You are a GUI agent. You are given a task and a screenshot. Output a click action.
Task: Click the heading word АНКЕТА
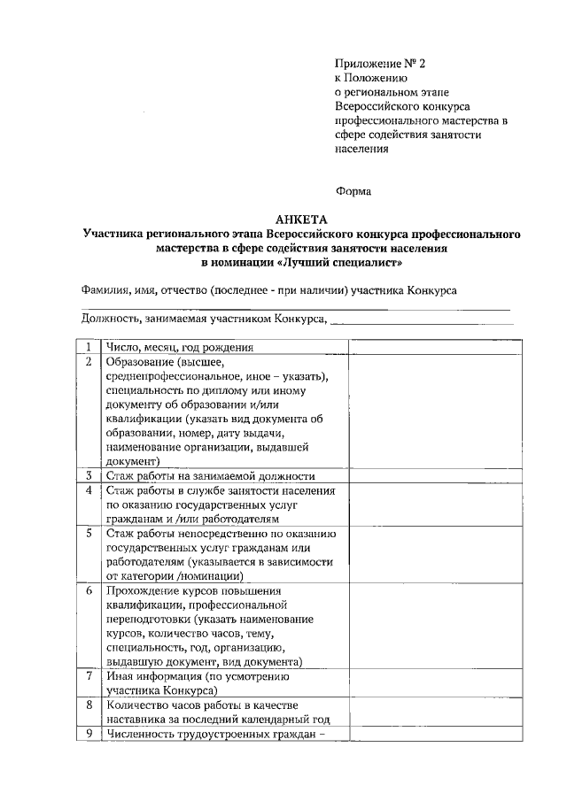click(x=301, y=220)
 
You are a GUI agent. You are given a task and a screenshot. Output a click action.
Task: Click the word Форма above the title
click(x=353, y=190)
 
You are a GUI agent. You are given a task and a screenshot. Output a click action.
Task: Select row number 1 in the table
click(x=89, y=347)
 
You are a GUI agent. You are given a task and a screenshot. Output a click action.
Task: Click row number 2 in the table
click(x=89, y=362)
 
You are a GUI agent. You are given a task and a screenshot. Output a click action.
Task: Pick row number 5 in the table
click(x=89, y=534)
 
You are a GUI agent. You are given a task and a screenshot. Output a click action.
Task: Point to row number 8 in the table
click(x=89, y=705)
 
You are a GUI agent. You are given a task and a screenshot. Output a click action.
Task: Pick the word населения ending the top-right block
click(x=362, y=149)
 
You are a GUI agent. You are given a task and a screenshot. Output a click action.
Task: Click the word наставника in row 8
click(x=135, y=720)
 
